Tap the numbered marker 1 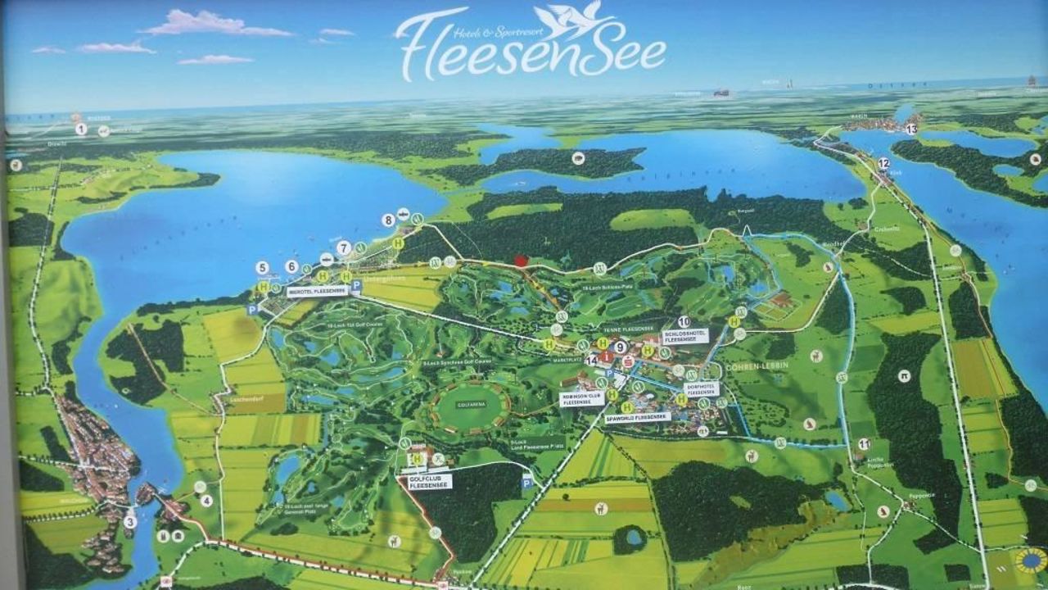click(81, 129)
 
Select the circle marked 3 click(130, 521)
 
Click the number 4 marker click(206, 500)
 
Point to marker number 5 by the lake click(262, 268)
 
